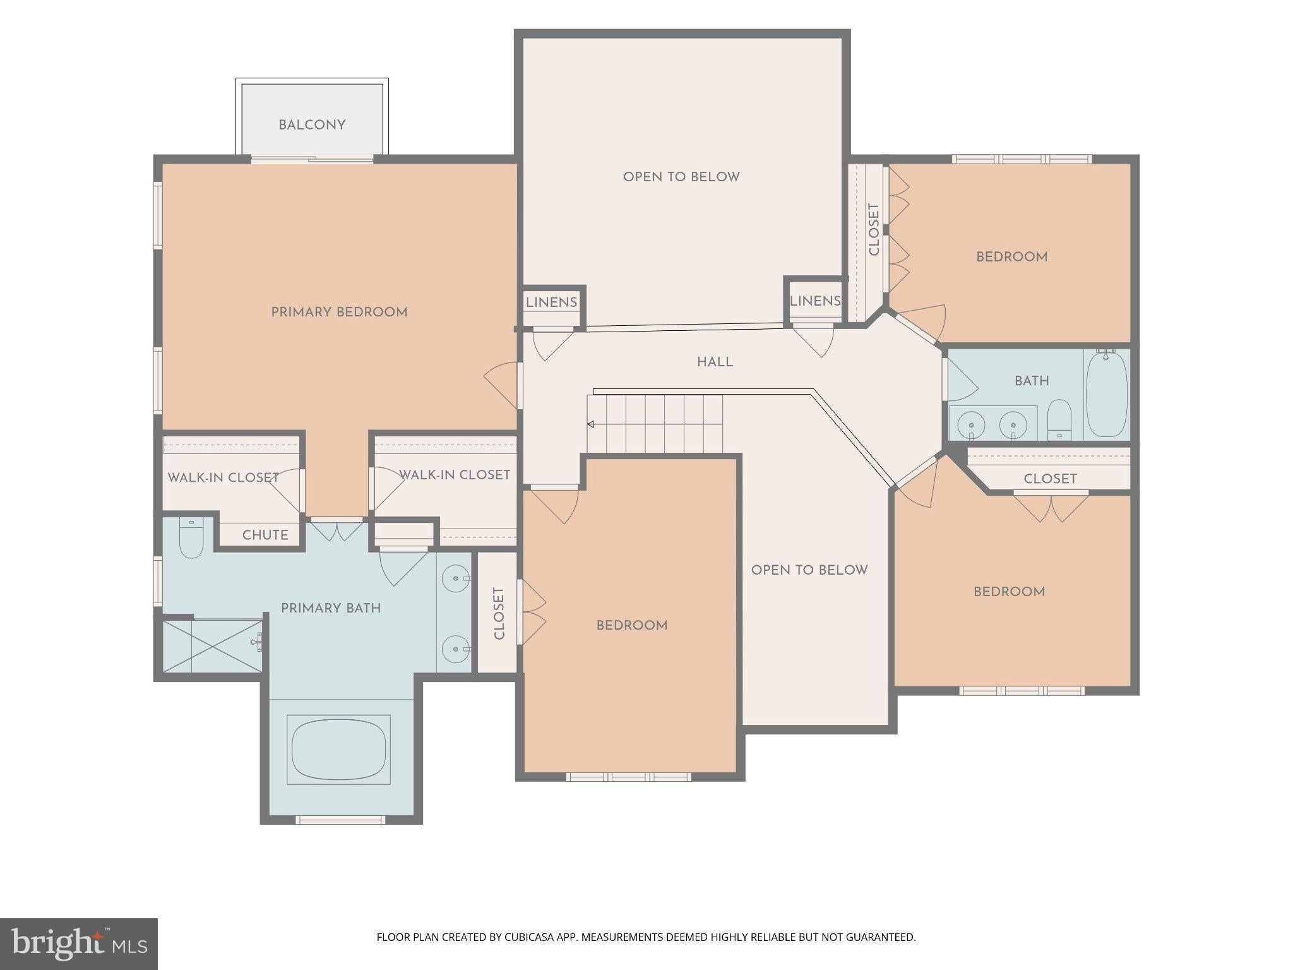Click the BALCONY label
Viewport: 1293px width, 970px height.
(312, 125)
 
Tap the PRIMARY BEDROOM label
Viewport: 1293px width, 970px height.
(339, 312)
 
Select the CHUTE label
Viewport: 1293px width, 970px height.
(265, 535)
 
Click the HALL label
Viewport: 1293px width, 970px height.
(715, 362)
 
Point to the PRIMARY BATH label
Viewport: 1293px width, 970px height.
(331, 608)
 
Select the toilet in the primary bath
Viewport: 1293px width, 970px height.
(191, 537)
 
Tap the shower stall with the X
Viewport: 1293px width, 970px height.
(213, 646)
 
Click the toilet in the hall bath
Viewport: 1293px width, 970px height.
(1059, 420)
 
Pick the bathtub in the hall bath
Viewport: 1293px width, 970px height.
(1107, 394)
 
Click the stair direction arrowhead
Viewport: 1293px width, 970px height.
(591, 424)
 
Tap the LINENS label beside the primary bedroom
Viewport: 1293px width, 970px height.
(551, 302)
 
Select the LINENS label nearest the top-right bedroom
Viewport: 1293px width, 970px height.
(815, 301)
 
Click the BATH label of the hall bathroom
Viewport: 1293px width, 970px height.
(1032, 381)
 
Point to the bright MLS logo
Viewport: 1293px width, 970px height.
(79, 944)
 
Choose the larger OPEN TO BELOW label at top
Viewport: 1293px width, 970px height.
(681, 177)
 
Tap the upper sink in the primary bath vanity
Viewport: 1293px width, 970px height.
(454, 578)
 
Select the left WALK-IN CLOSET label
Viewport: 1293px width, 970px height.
(223, 477)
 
